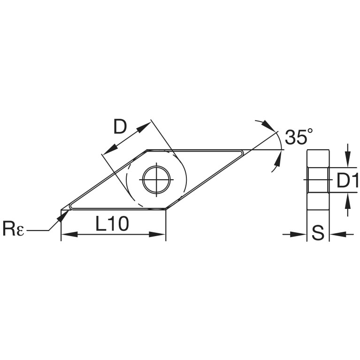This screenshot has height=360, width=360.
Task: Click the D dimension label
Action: click(x=120, y=127)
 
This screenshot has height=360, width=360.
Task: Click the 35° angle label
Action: click(x=299, y=137)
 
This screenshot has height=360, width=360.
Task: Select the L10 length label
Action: click(x=112, y=224)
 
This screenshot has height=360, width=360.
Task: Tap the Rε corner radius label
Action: click(x=13, y=229)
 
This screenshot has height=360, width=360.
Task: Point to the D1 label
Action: click(x=347, y=180)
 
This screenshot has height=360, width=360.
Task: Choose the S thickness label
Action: click(x=318, y=232)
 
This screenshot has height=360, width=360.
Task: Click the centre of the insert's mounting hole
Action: click(x=157, y=180)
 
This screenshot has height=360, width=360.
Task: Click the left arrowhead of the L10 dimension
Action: click(x=69, y=234)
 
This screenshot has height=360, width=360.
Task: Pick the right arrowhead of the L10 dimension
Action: click(x=157, y=234)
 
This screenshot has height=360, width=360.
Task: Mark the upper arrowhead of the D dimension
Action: click(x=144, y=127)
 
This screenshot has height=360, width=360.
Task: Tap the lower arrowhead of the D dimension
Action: click(x=110, y=149)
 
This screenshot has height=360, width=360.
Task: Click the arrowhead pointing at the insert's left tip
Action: click(x=63, y=215)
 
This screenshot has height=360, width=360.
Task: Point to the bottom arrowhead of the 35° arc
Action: click(x=279, y=158)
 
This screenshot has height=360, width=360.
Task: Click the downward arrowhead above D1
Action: click(x=348, y=159)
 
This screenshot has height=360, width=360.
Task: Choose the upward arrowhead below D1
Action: click(x=348, y=201)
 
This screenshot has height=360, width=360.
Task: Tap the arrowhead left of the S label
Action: click(x=299, y=234)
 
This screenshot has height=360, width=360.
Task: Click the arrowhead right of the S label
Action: click(x=337, y=234)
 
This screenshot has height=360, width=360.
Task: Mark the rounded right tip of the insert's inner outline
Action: click(x=243, y=153)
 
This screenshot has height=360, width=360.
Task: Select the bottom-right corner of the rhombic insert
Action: click(x=166, y=209)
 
